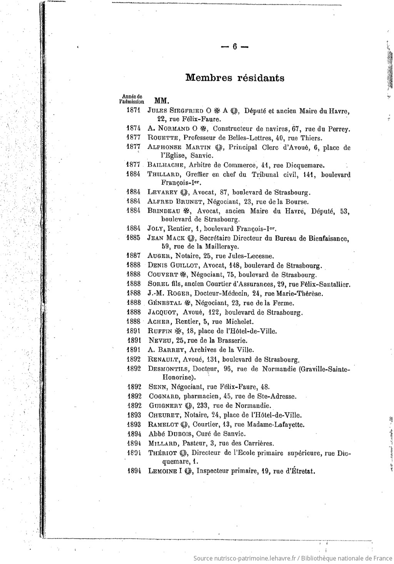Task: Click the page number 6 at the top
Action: [234, 47]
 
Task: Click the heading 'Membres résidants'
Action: [235, 78]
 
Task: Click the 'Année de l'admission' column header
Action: [132, 99]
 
